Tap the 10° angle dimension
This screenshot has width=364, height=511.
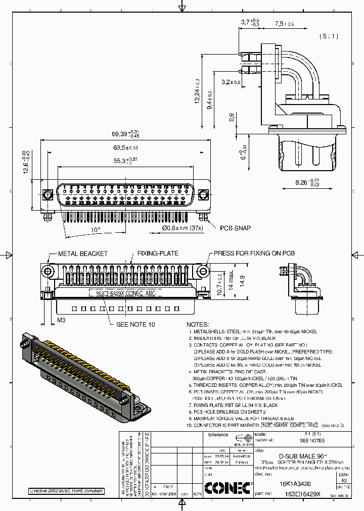click(95, 230)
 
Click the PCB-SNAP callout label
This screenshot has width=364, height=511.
click(235, 228)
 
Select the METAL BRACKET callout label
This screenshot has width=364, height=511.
click(83, 253)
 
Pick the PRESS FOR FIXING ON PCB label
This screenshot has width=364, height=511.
click(254, 253)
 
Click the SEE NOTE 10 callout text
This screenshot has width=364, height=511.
click(135, 324)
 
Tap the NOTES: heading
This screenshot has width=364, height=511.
click(198, 324)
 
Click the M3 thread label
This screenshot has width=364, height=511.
click(61, 320)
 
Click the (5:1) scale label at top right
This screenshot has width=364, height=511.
click(329, 36)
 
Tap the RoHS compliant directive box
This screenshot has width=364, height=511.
click(66, 491)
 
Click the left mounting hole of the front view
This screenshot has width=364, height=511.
click(48, 194)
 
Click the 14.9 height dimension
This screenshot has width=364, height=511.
click(243, 279)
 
